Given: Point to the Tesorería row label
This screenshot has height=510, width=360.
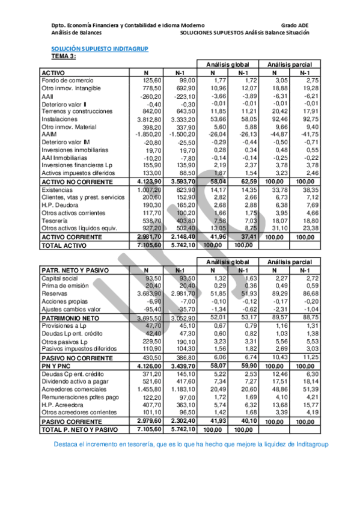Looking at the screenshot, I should tap(55, 221).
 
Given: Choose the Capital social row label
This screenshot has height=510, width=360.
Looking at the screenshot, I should tap(59, 278).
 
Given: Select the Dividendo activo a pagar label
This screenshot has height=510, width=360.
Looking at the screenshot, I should tap(75, 381).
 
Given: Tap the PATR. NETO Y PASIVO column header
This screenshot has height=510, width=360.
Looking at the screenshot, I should tap(76, 270).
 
